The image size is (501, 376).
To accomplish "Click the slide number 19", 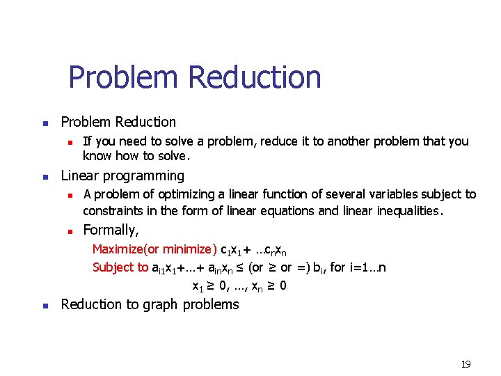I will (466, 364).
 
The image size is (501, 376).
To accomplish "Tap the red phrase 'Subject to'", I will (120, 267).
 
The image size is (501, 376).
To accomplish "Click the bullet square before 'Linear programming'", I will (44, 177).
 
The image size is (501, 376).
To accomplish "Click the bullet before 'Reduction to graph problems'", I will (44, 305).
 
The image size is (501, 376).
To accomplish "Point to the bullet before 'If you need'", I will (70, 142).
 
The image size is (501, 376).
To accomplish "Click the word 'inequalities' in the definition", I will (410, 211).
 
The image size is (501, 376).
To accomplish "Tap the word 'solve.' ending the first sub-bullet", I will (171, 155).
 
